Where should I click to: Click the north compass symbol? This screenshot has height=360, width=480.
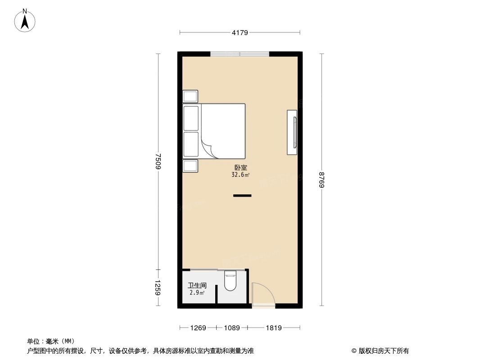coord(25,21)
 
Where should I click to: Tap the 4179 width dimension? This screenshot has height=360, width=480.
coord(240,32)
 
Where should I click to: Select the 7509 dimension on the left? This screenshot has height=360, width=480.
coord(158,161)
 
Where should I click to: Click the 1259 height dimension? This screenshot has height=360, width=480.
coord(158,288)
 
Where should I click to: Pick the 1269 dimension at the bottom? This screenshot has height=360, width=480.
coord(198,328)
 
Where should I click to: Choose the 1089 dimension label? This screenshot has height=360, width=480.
coord(232,328)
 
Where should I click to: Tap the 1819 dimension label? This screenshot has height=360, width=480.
coord(273,328)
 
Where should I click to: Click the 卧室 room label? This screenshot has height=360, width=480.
coord(240,168)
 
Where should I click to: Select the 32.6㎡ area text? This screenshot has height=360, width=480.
coord(240,175)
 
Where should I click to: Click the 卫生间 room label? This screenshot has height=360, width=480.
coord(197,285)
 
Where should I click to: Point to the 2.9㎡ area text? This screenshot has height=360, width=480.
coord(197,293)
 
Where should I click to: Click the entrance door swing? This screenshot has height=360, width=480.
coord(262,295)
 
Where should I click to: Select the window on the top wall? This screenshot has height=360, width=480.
coord(240,54)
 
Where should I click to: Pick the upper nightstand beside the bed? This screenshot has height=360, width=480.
coord(190,96)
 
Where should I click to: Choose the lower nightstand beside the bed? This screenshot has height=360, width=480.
coord(190,166)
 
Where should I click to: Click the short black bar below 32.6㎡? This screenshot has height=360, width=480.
coord(242,196)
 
